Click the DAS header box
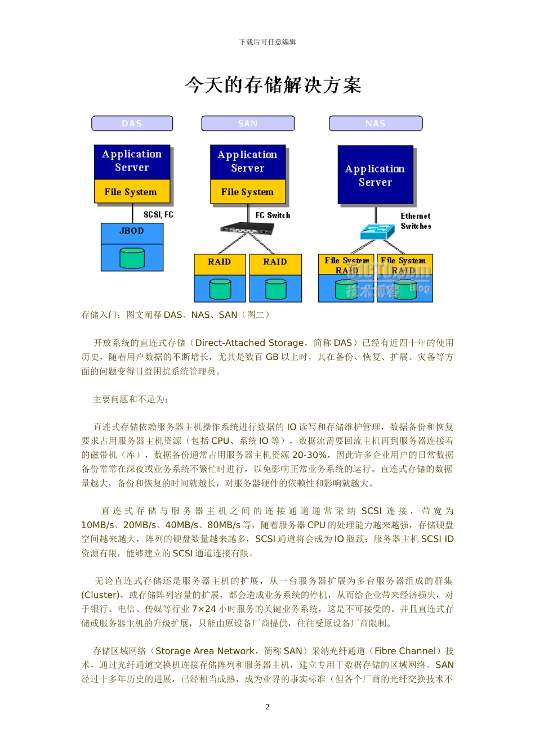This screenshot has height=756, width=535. tap(132, 123)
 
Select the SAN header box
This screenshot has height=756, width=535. tap(248, 123)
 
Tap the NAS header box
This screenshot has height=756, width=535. tap(376, 123)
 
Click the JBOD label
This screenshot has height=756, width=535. tap(132, 231)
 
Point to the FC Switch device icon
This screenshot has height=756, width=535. tap(247, 228)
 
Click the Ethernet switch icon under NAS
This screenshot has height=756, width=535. tap(377, 231)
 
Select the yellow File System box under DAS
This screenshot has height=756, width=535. tap(131, 192)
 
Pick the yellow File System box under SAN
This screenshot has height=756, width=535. tap(247, 192)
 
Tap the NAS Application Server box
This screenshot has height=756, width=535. tap(375, 175)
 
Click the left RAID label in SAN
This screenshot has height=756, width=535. tap(219, 262)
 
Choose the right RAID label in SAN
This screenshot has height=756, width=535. tap(275, 262)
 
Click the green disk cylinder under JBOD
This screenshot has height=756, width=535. tap(132, 258)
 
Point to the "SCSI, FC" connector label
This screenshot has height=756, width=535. tap(158, 214)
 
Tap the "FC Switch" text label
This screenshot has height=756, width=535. tap(273, 215)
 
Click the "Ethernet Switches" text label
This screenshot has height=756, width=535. tap(416, 221)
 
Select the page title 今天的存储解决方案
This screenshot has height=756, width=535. tap(273, 85)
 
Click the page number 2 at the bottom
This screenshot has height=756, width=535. tap(267, 707)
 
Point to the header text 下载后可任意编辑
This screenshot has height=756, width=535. tap(267, 42)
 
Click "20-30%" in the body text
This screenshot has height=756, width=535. tap(309, 455)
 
